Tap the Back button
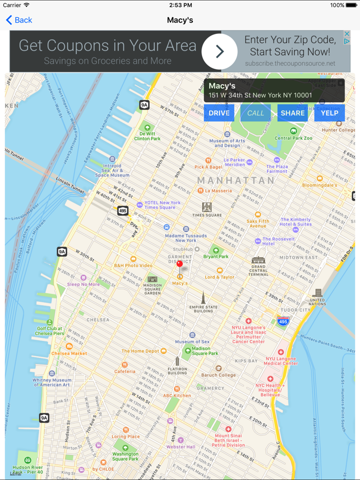19,20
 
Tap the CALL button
256,113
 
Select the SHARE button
293,113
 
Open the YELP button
330,113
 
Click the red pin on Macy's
179,264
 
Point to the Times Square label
207,214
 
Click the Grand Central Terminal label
258,270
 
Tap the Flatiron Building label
177,370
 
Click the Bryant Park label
216,256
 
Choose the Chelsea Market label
69,353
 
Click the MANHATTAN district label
236,181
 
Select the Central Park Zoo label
294,138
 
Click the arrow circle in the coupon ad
220,51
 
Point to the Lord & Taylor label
220,277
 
